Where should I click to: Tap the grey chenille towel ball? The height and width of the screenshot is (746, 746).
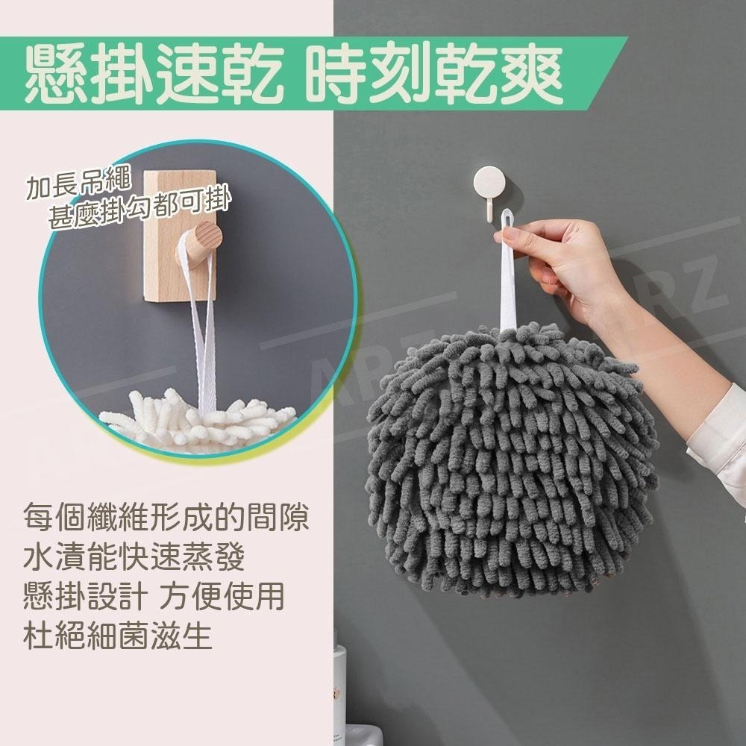tap(507, 463)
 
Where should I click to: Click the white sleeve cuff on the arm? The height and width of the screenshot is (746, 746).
tap(716, 433)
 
